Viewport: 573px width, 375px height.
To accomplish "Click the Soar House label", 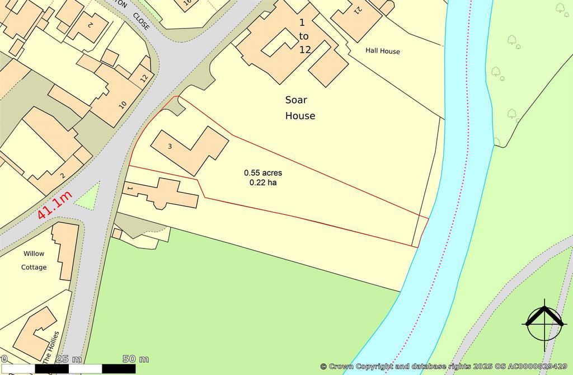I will pos(300,108).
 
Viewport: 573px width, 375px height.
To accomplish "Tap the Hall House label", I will pos(383,51).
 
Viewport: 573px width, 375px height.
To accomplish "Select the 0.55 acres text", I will pos(262,172).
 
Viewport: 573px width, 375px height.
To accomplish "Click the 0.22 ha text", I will pos(262,182).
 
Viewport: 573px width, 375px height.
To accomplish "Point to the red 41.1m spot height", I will pos(55,205).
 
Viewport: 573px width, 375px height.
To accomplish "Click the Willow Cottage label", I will pos(34,260).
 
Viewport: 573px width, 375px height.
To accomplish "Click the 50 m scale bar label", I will pos(135,359).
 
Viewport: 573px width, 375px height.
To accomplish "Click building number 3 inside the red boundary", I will pos(170,146).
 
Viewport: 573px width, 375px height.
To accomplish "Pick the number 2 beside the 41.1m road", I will pos(63,176).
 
